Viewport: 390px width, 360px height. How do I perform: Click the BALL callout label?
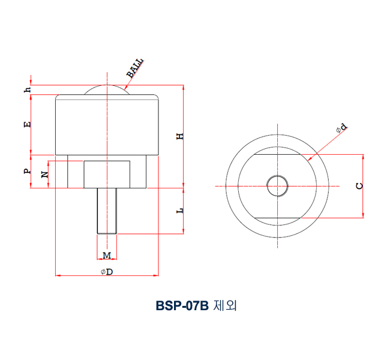tap(135, 68)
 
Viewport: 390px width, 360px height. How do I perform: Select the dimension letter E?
tap(27, 125)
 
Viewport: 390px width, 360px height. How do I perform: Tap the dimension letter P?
tap(27, 171)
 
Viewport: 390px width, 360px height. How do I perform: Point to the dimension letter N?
tap(44, 175)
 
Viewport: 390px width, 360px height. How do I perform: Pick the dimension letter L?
tap(179, 211)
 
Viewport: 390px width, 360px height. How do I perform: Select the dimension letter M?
tap(107, 256)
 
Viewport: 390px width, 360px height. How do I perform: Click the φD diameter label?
tap(107, 272)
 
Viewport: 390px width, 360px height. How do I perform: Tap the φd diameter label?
tap(341, 128)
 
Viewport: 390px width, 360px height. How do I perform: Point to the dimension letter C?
tap(359, 186)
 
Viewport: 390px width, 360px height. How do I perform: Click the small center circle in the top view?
tap(277, 185)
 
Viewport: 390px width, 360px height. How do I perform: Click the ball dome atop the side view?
tap(107, 89)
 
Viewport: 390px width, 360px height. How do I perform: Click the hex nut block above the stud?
tap(107, 174)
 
